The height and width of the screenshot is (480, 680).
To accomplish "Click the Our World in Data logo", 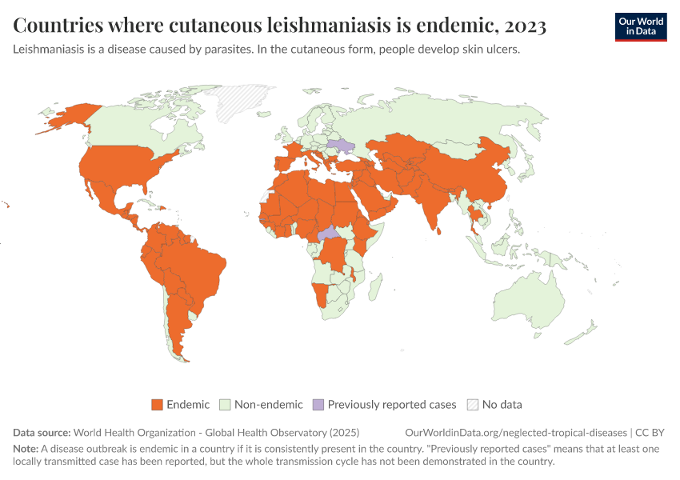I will pyautogui.click(x=640, y=26).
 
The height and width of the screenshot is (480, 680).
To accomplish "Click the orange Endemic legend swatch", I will pyautogui.click(x=157, y=405).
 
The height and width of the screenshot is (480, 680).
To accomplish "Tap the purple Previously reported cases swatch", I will pyautogui.click(x=318, y=405).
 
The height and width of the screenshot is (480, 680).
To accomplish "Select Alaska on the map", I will pyautogui.click(x=68, y=120).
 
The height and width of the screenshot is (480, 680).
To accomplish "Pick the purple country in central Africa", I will pyautogui.click(x=327, y=236).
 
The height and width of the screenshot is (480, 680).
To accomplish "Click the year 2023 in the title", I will pyautogui.click(x=526, y=26).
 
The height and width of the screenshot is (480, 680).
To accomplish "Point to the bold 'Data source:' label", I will pyautogui.click(x=42, y=432).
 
